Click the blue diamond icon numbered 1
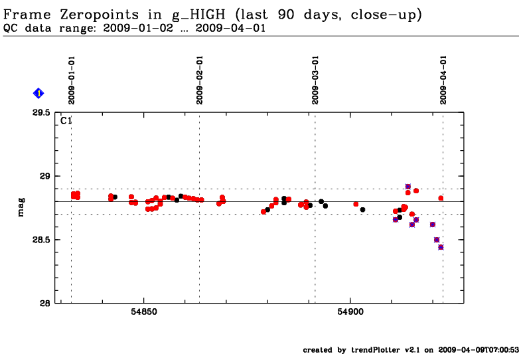(x=38, y=94)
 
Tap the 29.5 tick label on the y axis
(x=41, y=113)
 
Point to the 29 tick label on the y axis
(x=45, y=176)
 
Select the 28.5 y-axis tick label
(x=41, y=240)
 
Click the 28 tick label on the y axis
(x=45, y=303)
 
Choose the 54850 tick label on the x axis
(x=145, y=312)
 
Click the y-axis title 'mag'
(x=22, y=207)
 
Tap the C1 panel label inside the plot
(x=66, y=122)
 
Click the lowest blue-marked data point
(x=441, y=247)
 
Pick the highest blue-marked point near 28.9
(x=408, y=187)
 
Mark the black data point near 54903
(x=362, y=210)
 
